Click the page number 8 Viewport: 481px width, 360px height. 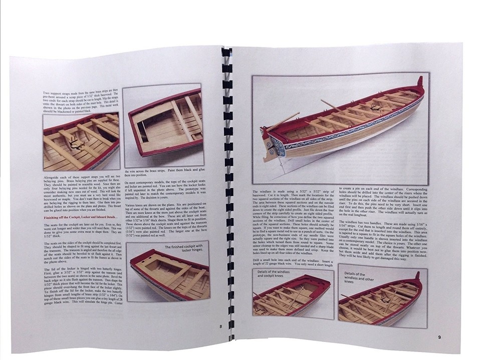click(x=220, y=326)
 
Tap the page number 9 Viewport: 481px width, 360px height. click(x=439, y=337)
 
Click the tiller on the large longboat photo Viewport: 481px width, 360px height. click(x=287, y=120)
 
